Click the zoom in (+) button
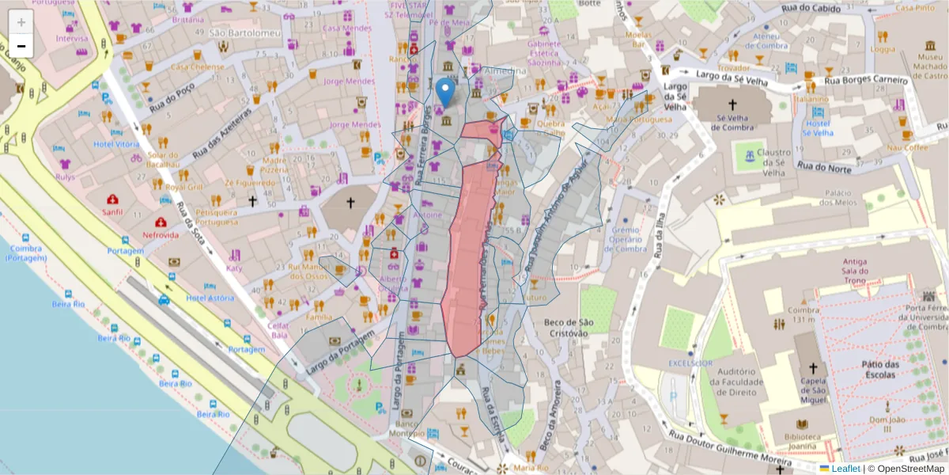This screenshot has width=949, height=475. pos(21,21)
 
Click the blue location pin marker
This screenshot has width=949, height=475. pos(446,92)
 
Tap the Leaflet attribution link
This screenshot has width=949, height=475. pos(845,469)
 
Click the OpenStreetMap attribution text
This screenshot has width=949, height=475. pos(906,469)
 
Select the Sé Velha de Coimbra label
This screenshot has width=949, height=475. pos(732,125)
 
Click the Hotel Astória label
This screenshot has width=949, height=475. pos(210,298)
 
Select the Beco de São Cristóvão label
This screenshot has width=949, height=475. pos(569,327)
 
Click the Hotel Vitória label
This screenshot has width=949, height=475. pos(116,144)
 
